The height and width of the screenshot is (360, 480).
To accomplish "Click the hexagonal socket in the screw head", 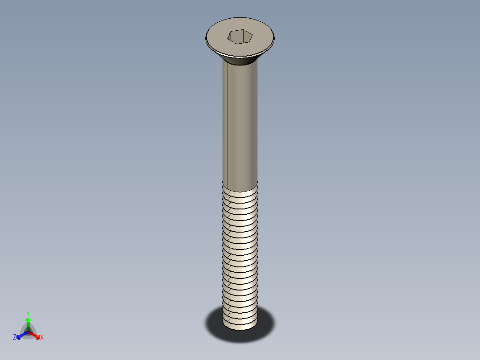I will (240, 37).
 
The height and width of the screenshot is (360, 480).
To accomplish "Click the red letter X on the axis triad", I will (42, 338).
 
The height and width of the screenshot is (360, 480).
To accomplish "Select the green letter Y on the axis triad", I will (28, 314).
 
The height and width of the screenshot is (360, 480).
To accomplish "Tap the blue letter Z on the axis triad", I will (15, 338).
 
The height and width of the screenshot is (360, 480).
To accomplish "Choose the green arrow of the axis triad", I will (28, 322).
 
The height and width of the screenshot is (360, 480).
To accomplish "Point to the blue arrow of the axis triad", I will (20, 335).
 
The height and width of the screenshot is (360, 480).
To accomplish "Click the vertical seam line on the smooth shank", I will (228, 120).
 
